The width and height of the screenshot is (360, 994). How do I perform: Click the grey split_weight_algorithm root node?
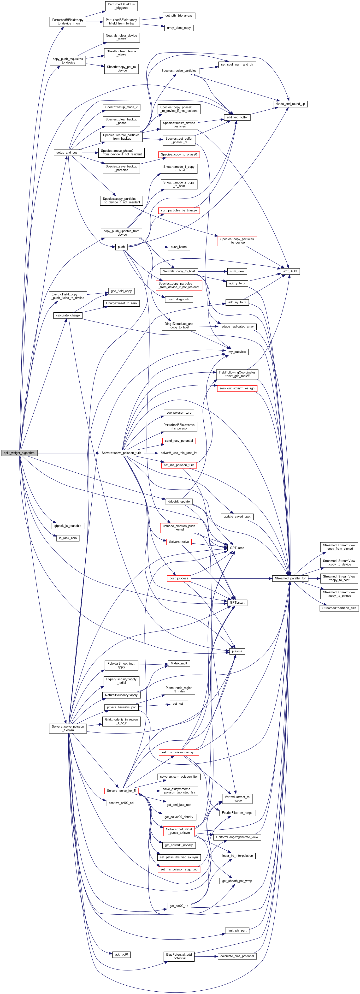click(x=19, y=453)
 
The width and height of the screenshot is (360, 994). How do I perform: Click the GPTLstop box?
click(x=237, y=548)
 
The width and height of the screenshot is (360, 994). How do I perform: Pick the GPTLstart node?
click(x=237, y=602)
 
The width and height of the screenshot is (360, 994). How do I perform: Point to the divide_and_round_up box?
click(x=290, y=104)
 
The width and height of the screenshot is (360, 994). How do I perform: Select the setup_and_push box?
click(x=68, y=152)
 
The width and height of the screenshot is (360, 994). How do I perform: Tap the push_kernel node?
click(x=179, y=247)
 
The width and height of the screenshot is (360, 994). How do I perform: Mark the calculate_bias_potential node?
click(x=237, y=956)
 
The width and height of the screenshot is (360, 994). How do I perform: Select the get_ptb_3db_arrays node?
click(x=179, y=15)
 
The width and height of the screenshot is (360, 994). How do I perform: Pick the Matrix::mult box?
click(x=179, y=663)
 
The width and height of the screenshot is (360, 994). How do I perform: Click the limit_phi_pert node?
click(x=237, y=930)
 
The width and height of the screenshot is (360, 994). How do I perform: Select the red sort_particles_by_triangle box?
click(x=179, y=210)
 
